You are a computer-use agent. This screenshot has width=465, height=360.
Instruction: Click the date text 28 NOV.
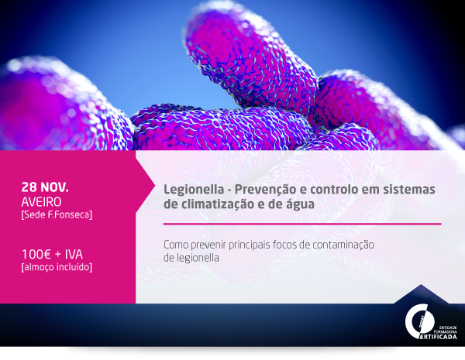[x=45, y=187]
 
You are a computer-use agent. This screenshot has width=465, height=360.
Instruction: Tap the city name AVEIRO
[x=41, y=202]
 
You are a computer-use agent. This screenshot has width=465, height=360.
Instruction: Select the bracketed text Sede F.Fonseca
[x=57, y=214]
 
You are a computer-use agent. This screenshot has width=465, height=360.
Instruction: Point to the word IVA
[x=74, y=255]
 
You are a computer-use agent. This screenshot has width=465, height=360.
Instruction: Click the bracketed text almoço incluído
[x=57, y=267]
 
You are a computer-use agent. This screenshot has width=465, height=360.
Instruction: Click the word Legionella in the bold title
[x=194, y=190]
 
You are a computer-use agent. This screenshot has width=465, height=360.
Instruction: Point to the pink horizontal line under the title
[x=302, y=224]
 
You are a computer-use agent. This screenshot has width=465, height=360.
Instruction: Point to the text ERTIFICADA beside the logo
[x=439, y=337]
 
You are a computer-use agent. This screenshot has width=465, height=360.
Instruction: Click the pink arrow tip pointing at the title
[x=154, y=187]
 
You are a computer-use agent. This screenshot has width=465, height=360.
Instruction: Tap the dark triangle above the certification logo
[x=421, y=294]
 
